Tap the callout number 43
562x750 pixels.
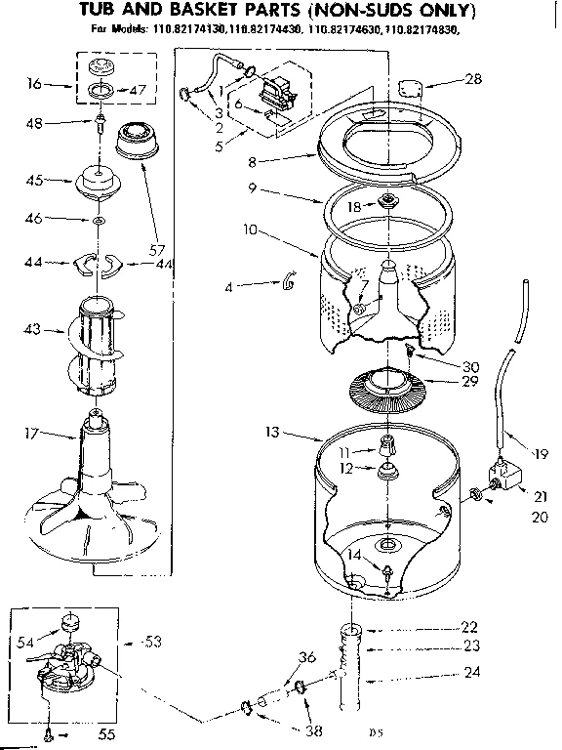(x=31, y=331)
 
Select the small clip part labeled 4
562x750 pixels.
(x=288, y=283)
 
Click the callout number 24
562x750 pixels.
(x=471, y=672)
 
